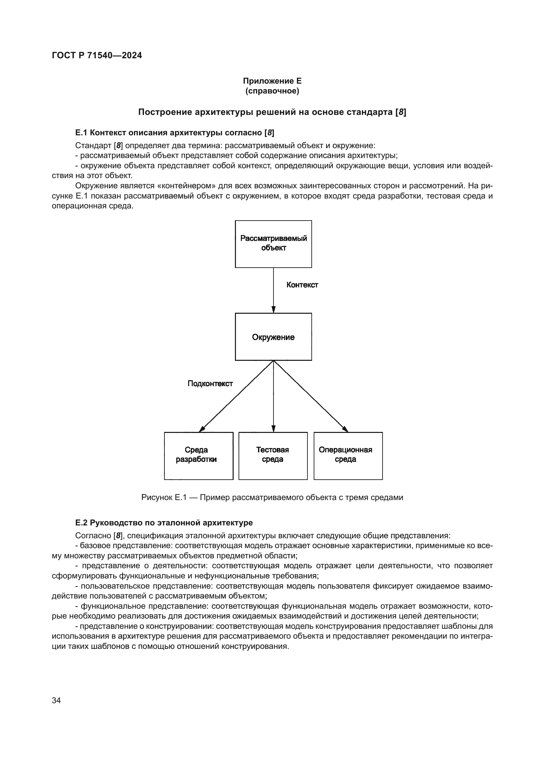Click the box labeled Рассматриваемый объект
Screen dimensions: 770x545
pyautogui.click(x=273, y=244)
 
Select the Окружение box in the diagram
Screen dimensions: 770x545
pyautogui.click(x=273, y=337)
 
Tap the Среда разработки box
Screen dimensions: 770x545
pyautogui.click(x=198, y=456)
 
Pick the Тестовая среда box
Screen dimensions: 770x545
pyautogui.click(x=273, y=456)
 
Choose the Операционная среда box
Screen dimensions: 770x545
pyautogui.click(x=348, y=456)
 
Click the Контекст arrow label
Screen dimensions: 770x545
pyautogui.click(x=302, y=285)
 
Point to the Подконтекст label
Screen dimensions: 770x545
pyautogui.click(x=210, y=383)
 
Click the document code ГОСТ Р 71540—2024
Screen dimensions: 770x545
pyautogui.click(x=97, y=55)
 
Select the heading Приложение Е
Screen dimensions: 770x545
pyautogui.click(x=272, y=81)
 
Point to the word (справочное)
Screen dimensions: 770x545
pyautogui.click(x=272, y=91)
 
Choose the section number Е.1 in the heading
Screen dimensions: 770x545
pyautogui.click(x=81, y=133)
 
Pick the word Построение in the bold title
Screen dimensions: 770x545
pyautogui.click(x=165, y=112)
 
